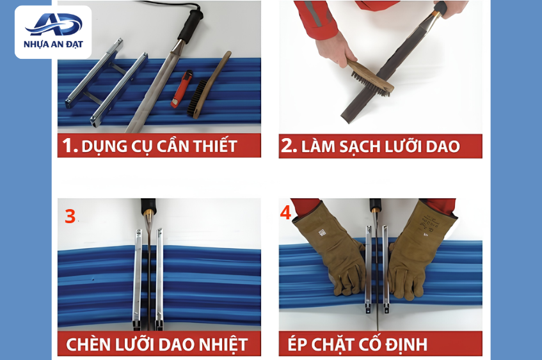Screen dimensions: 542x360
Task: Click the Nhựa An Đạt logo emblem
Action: click(54, 24)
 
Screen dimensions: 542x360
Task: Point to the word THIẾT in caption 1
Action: click(215, 146)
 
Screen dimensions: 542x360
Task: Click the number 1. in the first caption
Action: click(70, 145)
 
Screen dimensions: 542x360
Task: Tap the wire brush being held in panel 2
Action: click(370, 77)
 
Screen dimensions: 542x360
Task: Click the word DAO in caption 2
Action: click(443, 147)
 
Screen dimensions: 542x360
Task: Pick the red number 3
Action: click(70, 216)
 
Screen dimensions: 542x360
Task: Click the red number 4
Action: click(285, 213)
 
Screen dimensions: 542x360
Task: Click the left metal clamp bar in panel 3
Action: click(137, 279)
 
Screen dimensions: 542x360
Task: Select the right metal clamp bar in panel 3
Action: click(159, 279)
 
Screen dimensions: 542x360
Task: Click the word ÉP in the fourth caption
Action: click(296, 344)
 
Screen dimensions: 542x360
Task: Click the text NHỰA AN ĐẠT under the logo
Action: click(53, 44)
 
